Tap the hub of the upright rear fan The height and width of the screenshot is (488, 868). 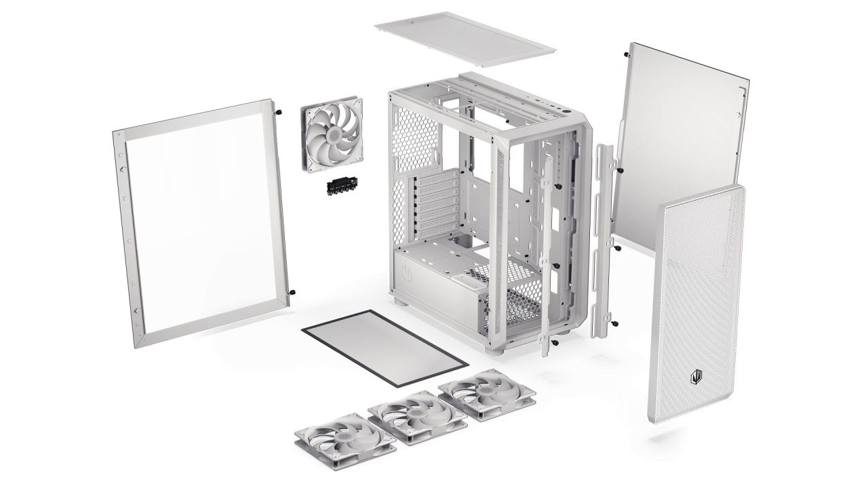(x=332, y=134)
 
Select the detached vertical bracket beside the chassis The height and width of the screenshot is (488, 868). (x=603, y=237)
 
